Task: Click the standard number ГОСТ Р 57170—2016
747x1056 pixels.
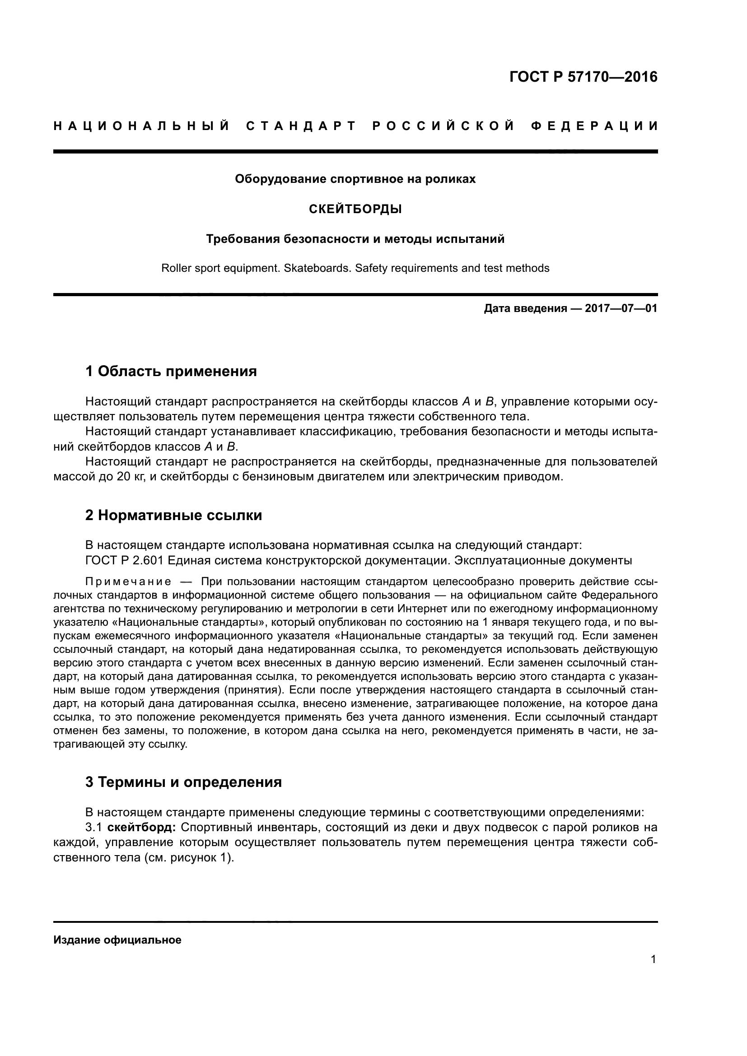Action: click(x=583, y=77)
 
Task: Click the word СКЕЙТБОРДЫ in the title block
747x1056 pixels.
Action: click(x=355, y=209)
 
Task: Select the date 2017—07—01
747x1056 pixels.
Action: click(x=621, y=308)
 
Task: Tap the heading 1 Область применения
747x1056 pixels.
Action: click(x=171, y=371)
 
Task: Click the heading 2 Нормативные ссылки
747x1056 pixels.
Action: click(x=173, y=515)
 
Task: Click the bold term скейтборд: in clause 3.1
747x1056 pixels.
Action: click(x=141, y=828)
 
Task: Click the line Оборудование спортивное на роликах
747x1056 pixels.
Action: click(x=355, y=179)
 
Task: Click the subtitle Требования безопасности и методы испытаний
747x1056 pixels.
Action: click(x=355, y=239)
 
